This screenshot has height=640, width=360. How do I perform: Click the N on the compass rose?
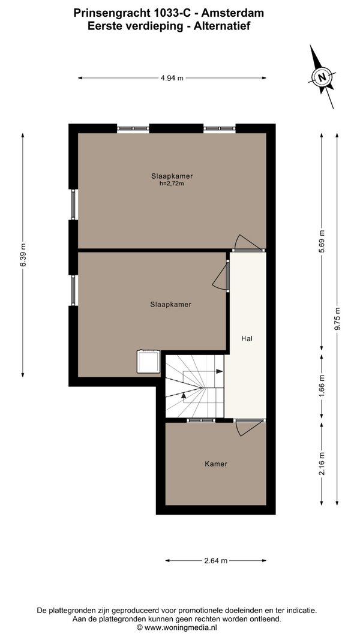click(322, 77)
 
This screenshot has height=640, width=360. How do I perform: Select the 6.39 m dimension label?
click(23, 255)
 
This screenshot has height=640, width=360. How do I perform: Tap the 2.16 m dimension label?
click(322, 463)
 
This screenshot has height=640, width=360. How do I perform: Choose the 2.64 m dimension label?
click(215, 561)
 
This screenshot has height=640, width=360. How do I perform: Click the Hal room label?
click(247, 338)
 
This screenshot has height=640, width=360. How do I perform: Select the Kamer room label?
click(216, 464)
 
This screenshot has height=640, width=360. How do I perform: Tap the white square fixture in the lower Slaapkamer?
click(149, 362)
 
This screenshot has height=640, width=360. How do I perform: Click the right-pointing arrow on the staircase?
click(219, 371)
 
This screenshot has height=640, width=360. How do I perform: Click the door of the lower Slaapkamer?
click(221, 276)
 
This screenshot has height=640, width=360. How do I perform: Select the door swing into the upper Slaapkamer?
click(247, 243)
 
